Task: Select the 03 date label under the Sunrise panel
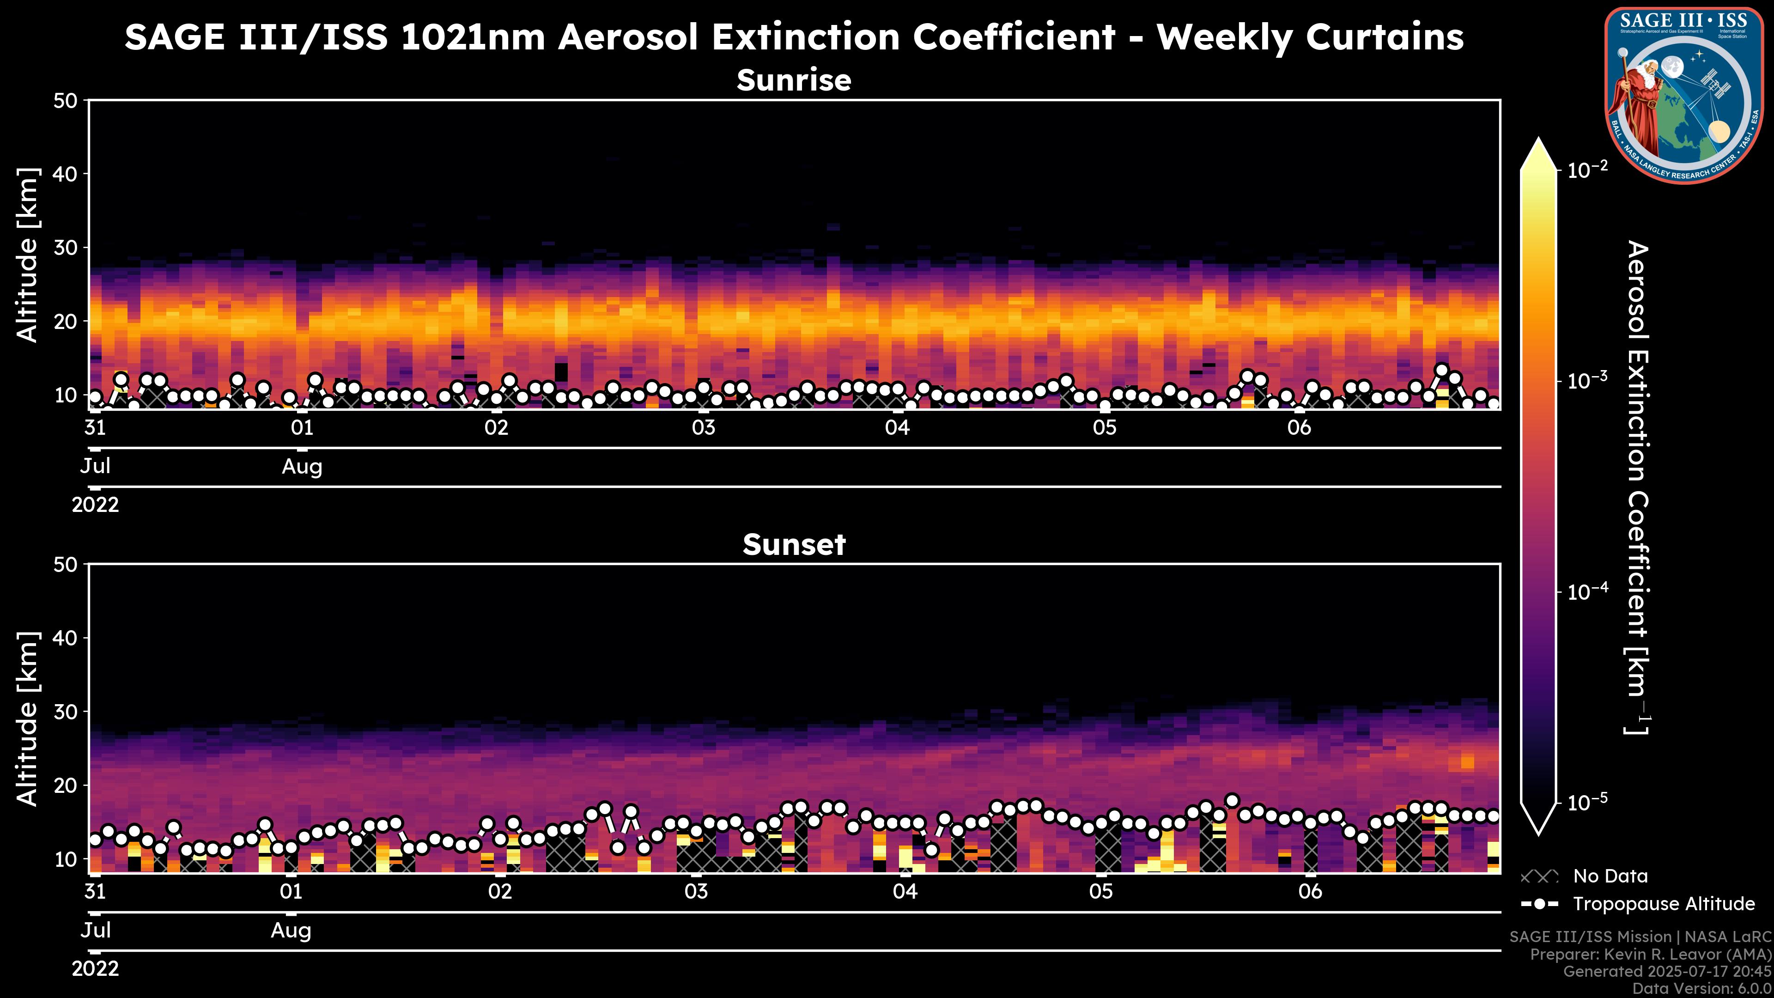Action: [703, 428]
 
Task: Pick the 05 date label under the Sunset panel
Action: [1100, 892]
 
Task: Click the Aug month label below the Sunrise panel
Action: [302, 467]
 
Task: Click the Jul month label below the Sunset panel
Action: [95, 931]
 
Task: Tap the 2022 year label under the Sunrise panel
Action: [95, 505]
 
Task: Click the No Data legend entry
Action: [1610, 876]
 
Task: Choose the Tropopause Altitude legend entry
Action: [1663, 904]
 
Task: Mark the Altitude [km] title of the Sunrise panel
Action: [28, 255]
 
